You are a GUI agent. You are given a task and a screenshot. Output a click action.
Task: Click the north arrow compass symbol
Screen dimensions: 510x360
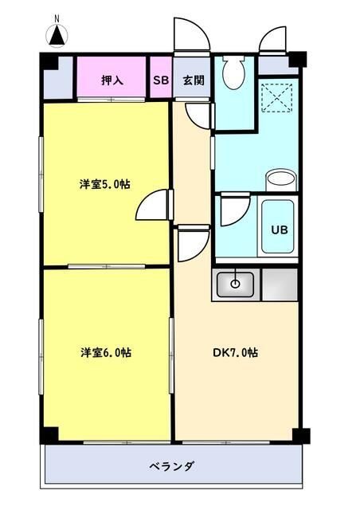pos(57,33)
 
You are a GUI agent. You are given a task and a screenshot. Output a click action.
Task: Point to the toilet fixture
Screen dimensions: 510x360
pos(233,73)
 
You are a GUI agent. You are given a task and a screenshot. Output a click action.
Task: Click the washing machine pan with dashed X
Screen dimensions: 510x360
pos(279,97)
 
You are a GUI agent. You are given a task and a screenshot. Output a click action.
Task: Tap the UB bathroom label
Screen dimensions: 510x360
pos(279,229)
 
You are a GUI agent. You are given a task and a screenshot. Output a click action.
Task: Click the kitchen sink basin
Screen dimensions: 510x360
pos(234,283)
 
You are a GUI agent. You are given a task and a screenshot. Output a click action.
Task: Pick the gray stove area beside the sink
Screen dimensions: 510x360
pos(279,284)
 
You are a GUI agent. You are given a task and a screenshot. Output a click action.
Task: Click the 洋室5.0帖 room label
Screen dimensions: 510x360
pos(104,184)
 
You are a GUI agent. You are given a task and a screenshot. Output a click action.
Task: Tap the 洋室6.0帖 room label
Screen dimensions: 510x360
pos(104,351)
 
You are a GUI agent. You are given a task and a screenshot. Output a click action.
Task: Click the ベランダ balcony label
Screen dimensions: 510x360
pos(171,465)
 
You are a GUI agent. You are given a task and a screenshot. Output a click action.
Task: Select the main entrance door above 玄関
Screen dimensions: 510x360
pos(190,36)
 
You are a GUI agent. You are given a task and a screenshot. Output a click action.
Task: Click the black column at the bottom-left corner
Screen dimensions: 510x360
pos(49,435)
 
